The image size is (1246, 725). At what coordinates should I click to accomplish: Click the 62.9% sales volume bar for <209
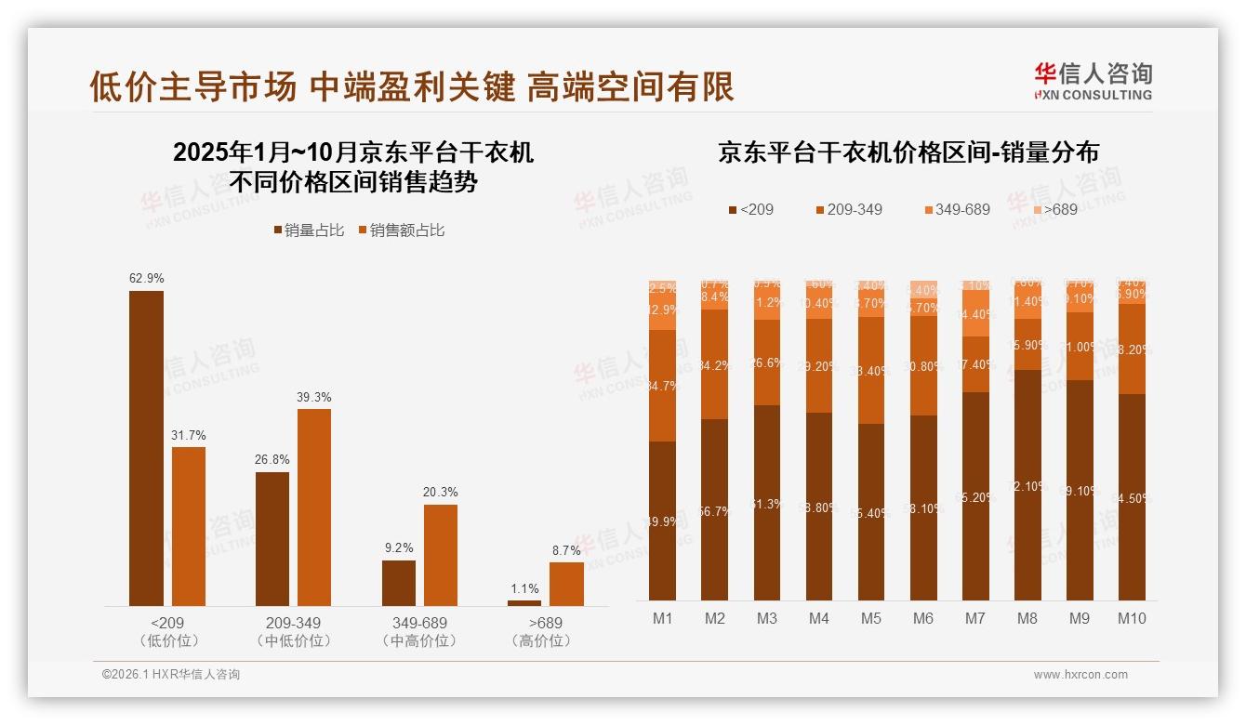point(146,448)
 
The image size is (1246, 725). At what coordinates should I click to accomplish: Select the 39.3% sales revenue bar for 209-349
point(314,507)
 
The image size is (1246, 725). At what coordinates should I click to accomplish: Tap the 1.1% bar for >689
point(524,602)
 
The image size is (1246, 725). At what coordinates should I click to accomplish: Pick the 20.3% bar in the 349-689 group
point(441,555)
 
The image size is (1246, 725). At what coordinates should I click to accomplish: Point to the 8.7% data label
point(566,550)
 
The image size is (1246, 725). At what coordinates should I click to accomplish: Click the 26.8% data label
point(272,459)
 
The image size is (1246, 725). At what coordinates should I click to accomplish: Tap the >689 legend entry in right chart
point(1054,209)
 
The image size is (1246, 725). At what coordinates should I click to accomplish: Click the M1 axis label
point(662,618)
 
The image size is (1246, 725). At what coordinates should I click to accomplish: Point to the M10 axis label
point(1132,618)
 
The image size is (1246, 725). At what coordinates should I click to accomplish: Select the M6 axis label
point(923,618)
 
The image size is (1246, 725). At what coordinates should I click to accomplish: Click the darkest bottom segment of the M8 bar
point(1027,484)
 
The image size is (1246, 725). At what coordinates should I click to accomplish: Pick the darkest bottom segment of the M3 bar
point(767,502)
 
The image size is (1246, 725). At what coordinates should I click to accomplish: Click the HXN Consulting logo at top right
point(1093,81)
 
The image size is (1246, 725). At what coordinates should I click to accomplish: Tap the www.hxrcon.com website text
point(1080,675)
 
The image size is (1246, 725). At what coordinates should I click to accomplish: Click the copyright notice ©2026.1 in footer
point(171,675)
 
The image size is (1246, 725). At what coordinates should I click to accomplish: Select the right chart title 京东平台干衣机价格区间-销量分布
point(908,152)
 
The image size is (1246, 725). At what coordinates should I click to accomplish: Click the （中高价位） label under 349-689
point(419,641)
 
